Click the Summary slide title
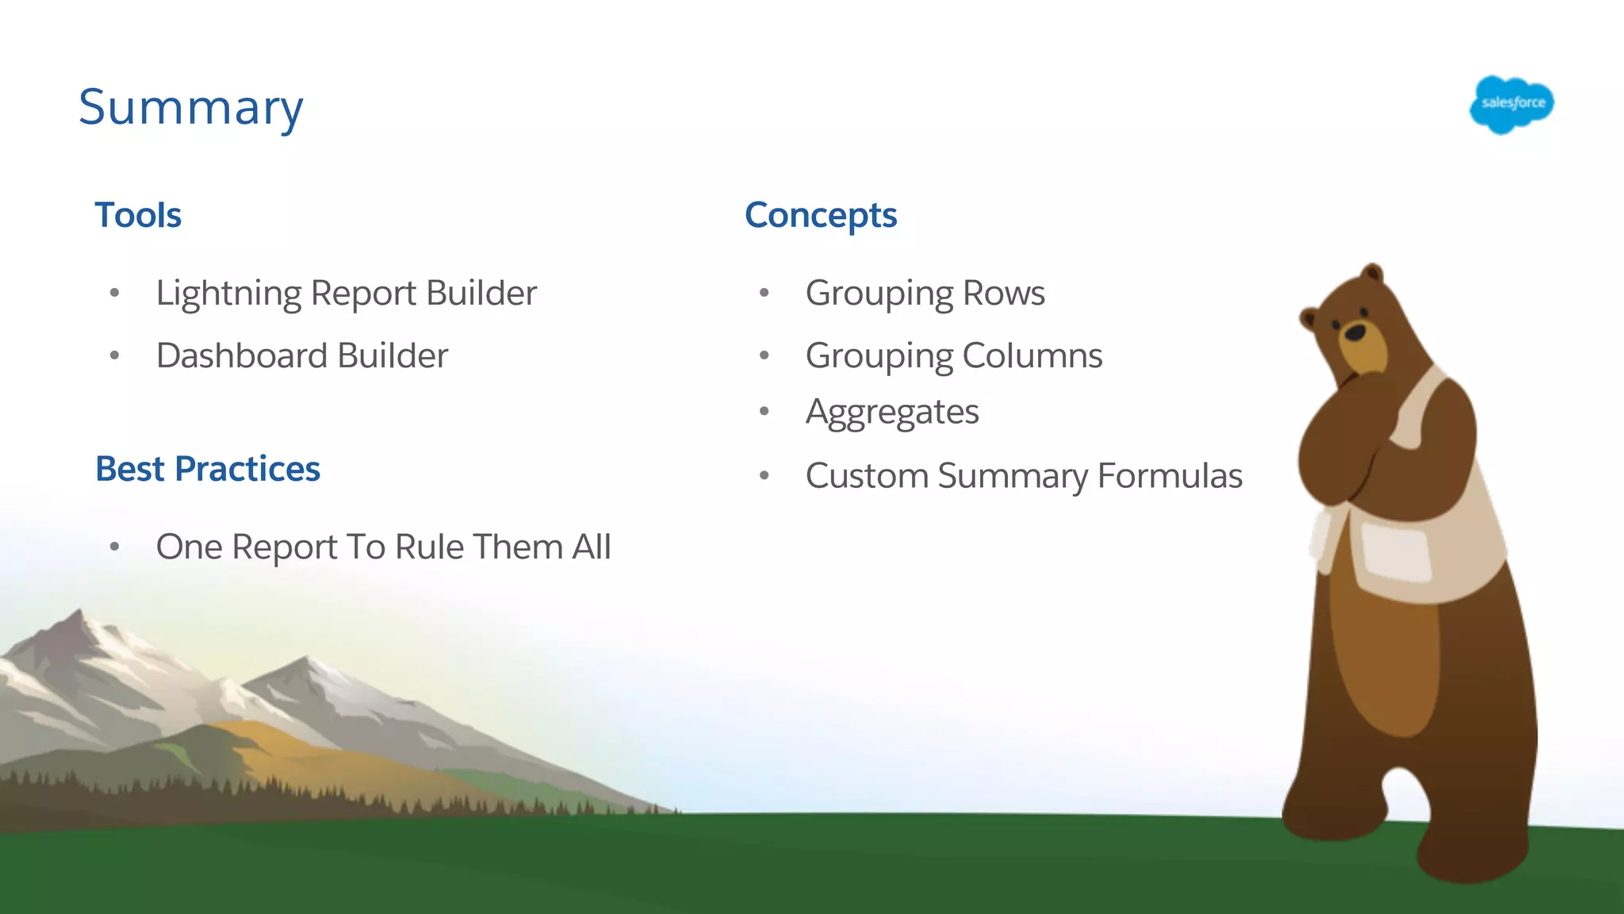(190, 107)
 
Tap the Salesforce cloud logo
(1511, 104)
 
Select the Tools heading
(138, 215)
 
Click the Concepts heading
(821, 215)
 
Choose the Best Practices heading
(208, 469)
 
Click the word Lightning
(228, 294)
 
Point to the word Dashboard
(242, 355)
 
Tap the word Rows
(1004, 294)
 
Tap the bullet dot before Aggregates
(764, 411)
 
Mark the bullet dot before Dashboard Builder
(114, 355)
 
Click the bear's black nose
(1355, 332)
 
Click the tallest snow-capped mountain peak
(79, 615)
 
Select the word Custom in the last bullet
(867, 476)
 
